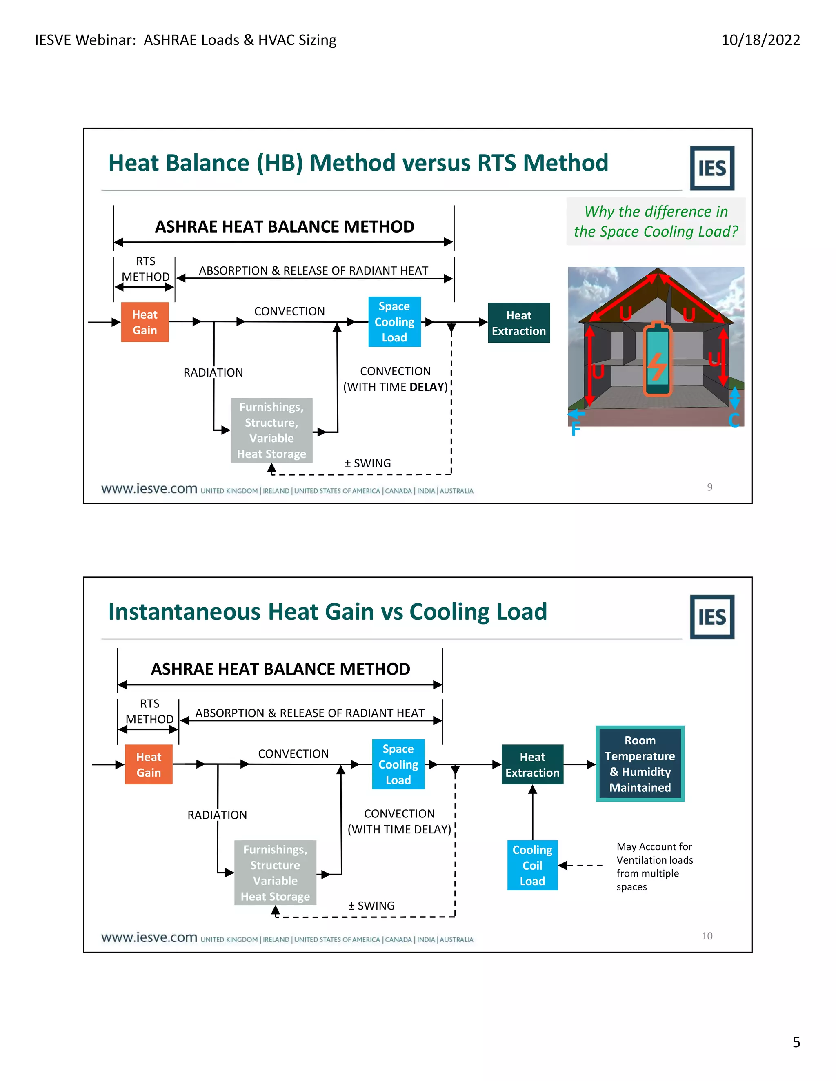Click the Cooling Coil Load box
point(532,865)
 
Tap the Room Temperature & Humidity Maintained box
point(640,764)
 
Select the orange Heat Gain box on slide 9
point(145,322)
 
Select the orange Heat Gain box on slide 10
point(149,765)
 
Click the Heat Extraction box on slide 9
point(518,323)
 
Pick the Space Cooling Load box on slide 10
point(398,764)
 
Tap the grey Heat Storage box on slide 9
point(271,430)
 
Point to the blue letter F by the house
point(575,429)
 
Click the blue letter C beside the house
point(734,420)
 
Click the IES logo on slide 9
point(711,168)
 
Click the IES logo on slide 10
point(711,617)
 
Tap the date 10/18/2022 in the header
point(760,40)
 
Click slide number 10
point(707,936)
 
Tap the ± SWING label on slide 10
point(371,906)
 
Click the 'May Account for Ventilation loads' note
point(654,853)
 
